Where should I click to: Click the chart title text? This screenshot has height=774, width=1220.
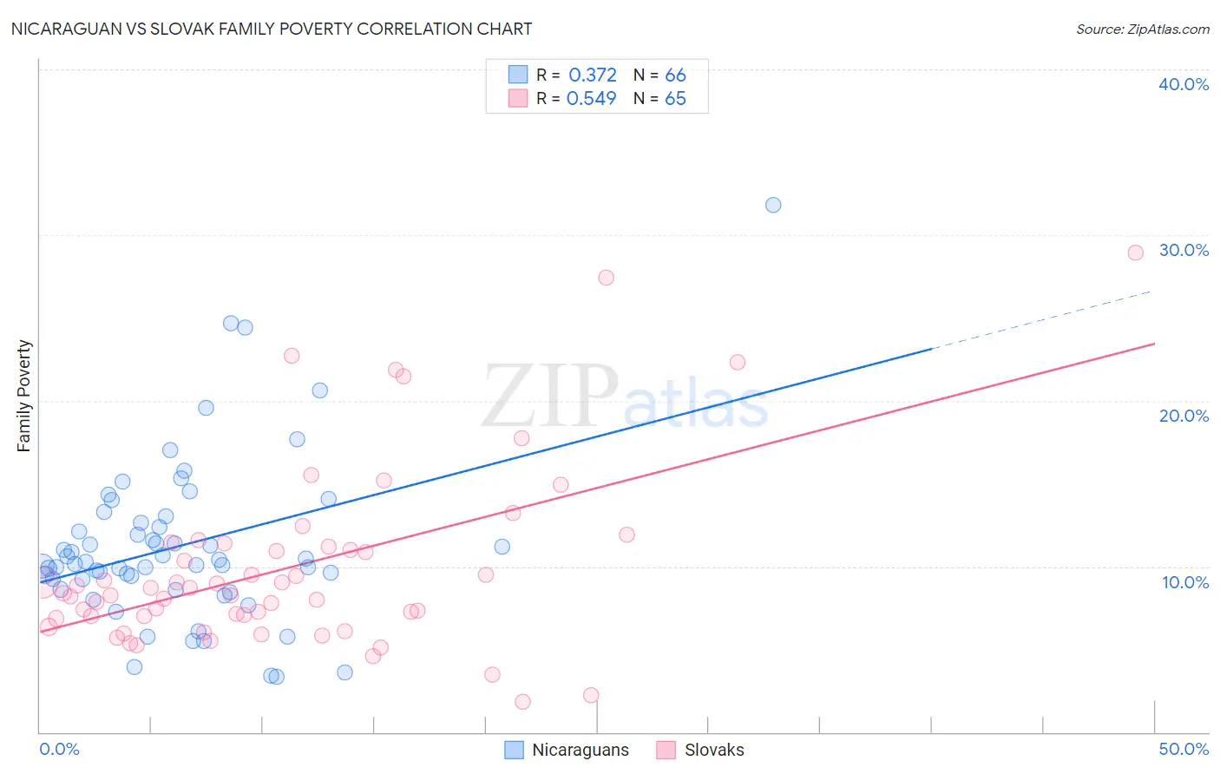[x=272, y=29]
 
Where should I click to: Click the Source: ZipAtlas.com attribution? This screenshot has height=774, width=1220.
[x=1142, y=29]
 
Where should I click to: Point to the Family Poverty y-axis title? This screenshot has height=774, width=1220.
[x=24, y=396]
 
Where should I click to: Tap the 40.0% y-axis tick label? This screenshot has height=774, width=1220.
[x=1184, y=84]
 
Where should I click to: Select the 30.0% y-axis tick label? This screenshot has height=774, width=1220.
[x=1184, y=250]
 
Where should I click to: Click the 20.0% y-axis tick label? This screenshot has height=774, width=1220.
[x=1184, y=416]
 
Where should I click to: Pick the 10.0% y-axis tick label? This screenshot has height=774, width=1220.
[x=1185, y=582]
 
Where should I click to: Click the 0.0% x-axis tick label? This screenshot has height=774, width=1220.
[x=59, y=749]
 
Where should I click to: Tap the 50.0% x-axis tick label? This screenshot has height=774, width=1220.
[x=1184, y=749]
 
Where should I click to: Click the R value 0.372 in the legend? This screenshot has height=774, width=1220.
[x=593, y=75]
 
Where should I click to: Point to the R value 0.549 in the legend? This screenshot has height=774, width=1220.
[x=592, y=98]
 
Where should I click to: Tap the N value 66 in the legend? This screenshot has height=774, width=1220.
[x=675, y=75]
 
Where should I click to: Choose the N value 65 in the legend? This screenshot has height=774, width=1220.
[x=675, y=98]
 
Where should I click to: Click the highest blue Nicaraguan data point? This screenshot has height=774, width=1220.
[x=773, y=205]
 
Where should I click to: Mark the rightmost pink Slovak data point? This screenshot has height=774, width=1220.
[x=1135, y=253]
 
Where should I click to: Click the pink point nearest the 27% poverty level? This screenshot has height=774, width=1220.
[x=606, y=278]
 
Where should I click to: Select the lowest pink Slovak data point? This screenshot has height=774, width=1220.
[x=522, y=701]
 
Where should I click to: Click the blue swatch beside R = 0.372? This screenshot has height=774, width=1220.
[x=518, y=75]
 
